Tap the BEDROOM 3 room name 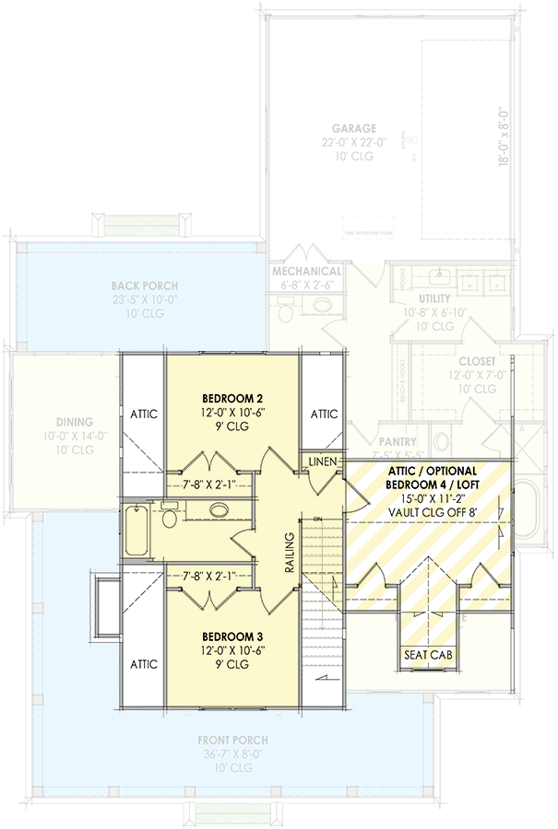point(232,636)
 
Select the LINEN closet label point(322,461)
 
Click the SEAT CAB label point(427,655)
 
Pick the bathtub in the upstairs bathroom point(136,530)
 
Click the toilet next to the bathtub point(170,518)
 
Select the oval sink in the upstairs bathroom point(220,509)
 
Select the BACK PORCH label point(144,286)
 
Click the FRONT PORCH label point(232,740)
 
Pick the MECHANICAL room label point(307,272)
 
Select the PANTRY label point(397,442)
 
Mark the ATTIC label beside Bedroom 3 point(144,662)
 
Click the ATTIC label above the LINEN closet point(324,414)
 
